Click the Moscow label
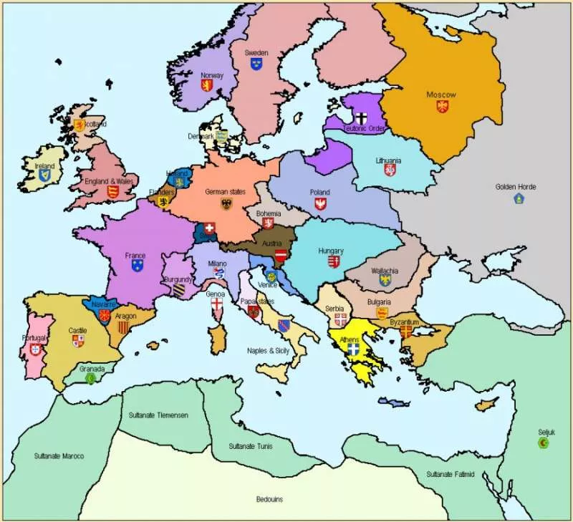pyautogui.click(x=441, y=95)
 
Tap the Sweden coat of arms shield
pyautogui.click(x=256, y=64)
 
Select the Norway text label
pyautogui.click(x=212, y=75)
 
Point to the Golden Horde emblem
pyautogui.click(x=519, y=198)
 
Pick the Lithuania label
pyautogui.click(x=388, y=160)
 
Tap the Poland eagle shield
pyautogui.click(x=320, y=204)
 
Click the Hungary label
pyautogui.click(x=332, y=251)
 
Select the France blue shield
pyautogui.click(x=137, y=266)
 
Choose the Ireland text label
pyautogui.click(x=44, y=165)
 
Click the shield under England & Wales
pyautogui.click(x=112, y=192)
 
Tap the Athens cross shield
pyautogui.click(x=352, y=350)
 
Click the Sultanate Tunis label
pyautogui.click(x=250, y=446)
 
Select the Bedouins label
pyautogui.click(x=271, y=499)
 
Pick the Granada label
pyautogui.click(x=92, y=369)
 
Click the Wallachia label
pyautogui.click(x=385, y=271)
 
